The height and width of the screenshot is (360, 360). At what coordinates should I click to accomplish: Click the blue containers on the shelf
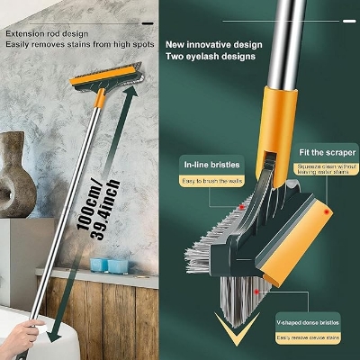109,265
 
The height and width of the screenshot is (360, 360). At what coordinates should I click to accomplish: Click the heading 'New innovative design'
213,44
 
